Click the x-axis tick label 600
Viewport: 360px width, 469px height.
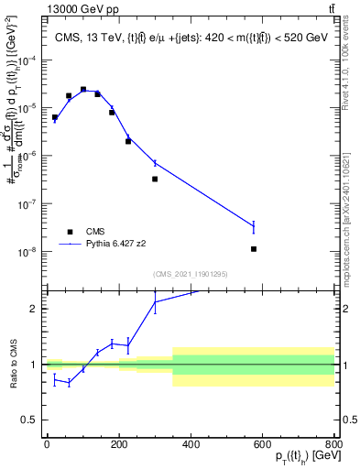tap(263, 445)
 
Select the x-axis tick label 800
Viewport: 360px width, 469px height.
tap(334, 445)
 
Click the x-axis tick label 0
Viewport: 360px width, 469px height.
tap(47, 445)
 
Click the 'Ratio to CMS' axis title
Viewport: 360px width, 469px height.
tap(12, 365)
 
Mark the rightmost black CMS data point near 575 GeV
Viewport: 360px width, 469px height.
tap(253, 249)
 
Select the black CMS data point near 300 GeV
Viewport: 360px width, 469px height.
tap(155, 179)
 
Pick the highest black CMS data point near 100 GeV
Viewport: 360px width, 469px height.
tap(83, 90)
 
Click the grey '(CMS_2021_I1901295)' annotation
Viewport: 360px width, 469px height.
tap(191, 274)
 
